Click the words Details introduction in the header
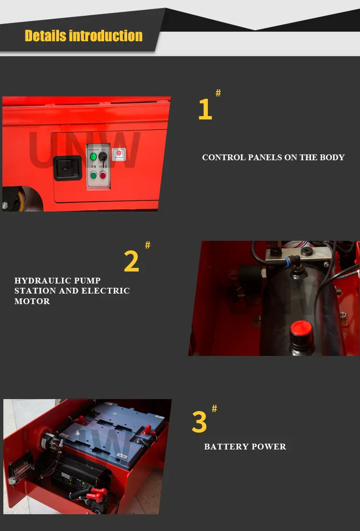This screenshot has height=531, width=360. (x=84, y=36)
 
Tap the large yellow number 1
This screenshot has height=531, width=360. (x=205, y=109)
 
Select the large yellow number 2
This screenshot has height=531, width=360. (x=132, y=261)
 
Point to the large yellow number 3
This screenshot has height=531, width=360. (x=199, y=422)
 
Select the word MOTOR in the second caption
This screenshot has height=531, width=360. (x=32, y=301)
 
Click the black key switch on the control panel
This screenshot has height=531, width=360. (x=102, y=157)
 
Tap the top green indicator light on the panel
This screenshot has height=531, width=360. (x=93, y=157)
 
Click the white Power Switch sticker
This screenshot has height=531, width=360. (x=119, y=154)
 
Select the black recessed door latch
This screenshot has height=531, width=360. (x=68, y=168)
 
